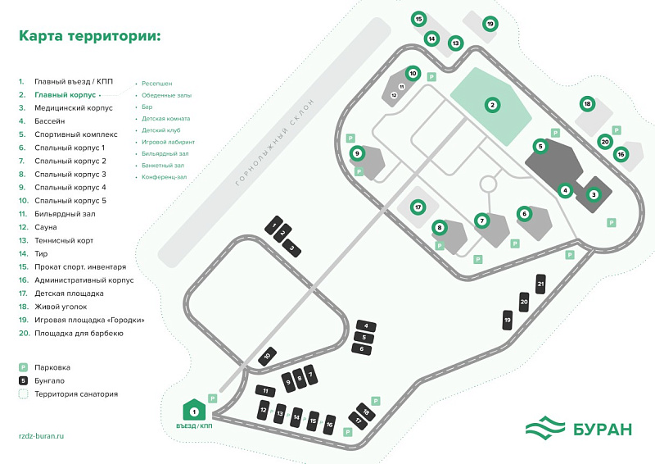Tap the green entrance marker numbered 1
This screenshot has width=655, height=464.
coord(194,410)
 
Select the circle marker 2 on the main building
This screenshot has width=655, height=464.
coord(492,104)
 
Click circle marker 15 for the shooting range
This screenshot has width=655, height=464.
coord(418,19)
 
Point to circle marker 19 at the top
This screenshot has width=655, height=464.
coord(490,24)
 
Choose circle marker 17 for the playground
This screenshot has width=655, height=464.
coord(418,207)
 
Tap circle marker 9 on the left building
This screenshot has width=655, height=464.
coord(357,153)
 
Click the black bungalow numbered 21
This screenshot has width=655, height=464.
coord(540,284)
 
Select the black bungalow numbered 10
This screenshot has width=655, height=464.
coord(267,357)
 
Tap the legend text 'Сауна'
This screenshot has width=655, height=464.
coord(47,227)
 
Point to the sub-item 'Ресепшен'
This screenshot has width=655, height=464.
coord(156,84)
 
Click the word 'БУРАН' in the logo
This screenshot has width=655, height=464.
coord(602,428)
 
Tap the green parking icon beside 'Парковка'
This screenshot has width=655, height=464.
coord(24,367)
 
